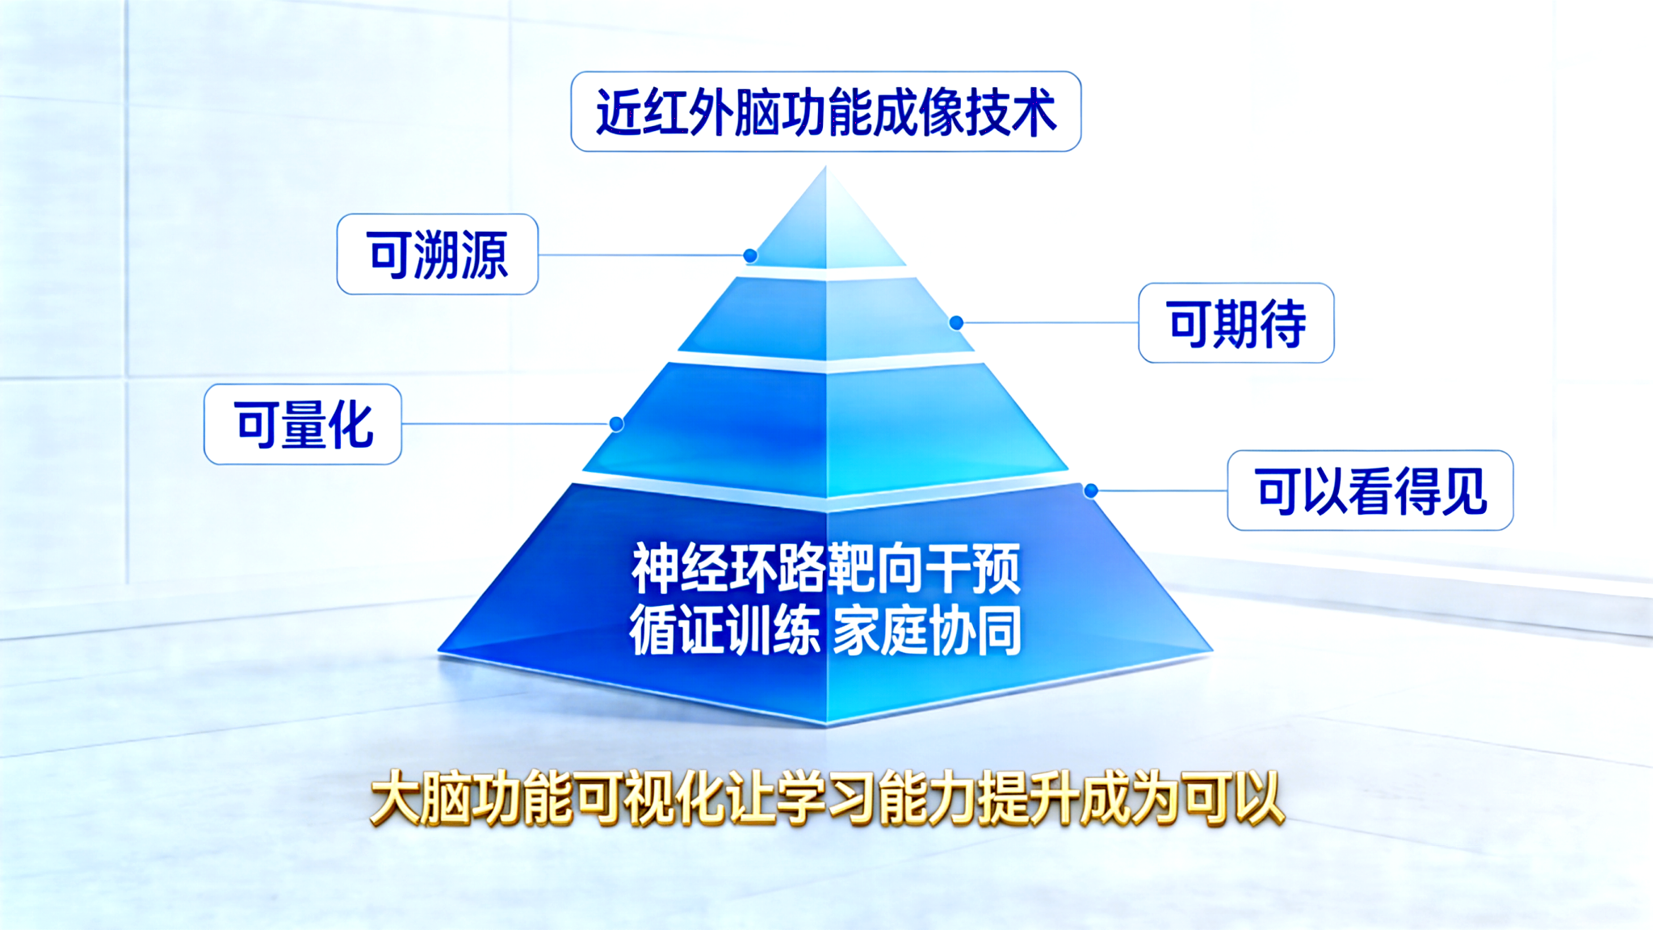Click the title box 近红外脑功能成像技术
pos(825,112)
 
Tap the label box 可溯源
pos(438,255)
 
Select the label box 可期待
pos(1236,323)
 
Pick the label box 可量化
pos(303,424)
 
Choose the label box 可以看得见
pos(1370,490)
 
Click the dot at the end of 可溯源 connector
pos(750,256)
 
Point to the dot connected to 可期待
pos(956,323)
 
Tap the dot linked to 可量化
pos(616,424)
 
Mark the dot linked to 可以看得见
pos(1091,490)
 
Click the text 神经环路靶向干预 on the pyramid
pos(825,569)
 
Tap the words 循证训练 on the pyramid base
pos(724,630)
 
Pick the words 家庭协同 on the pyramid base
pos(927,630)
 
